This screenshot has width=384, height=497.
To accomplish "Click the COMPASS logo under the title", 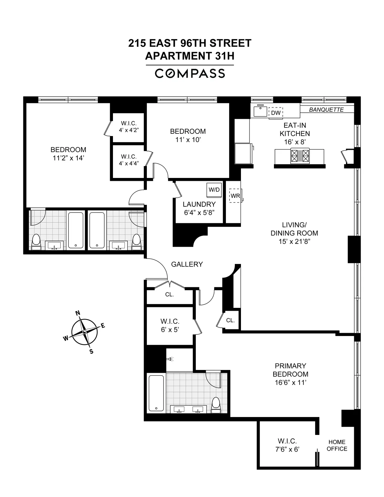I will pos(190,74).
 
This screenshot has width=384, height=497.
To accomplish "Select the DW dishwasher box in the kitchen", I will pos(276,113).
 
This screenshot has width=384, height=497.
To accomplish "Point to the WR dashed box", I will pos(236,196).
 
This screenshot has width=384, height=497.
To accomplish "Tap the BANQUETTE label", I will pos(326,110).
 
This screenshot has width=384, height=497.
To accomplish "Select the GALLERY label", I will pos(187,264).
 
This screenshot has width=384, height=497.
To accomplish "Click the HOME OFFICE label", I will pos(337,446).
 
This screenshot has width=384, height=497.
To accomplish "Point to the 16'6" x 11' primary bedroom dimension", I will pos(290,382).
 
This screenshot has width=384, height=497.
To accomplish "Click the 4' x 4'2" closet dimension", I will pos(129,130).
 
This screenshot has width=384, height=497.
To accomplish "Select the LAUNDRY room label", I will pos(199,204).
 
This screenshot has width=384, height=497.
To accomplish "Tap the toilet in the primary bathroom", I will pos(216,404).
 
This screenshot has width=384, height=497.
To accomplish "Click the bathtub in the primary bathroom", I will pos(156,394).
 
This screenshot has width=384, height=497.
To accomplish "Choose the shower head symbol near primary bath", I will pos(171,359).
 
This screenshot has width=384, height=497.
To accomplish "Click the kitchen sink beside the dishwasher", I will pos(260,111).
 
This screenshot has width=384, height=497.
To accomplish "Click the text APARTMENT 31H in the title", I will pos(190,56).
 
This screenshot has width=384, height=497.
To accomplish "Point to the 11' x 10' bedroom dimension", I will pos(188,140).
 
